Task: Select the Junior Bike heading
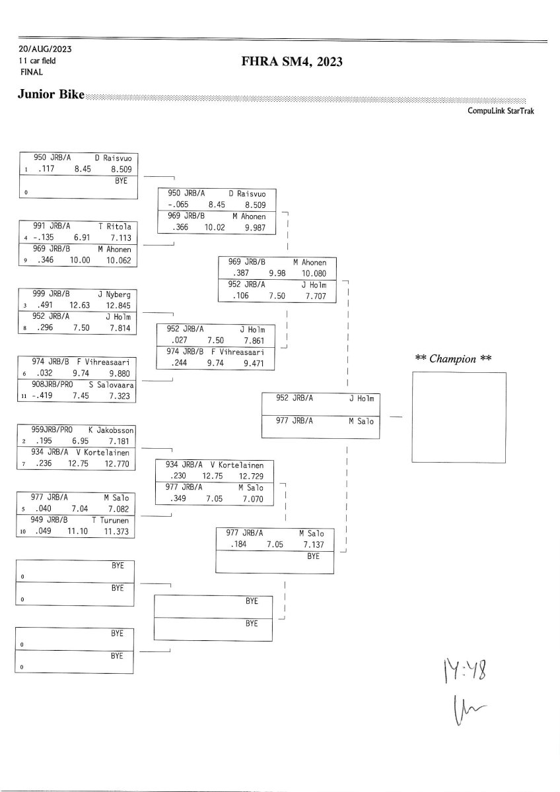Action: click(51, 95)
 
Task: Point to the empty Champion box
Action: click(459, 417)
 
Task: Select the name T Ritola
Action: click(115, 226)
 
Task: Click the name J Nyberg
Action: click(115, 294)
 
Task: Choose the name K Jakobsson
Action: click(110, 430)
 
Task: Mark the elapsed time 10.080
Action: click(313, 273)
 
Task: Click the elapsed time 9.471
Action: click(254, 363)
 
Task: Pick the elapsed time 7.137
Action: click(314, 544)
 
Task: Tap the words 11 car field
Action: click(38, 61)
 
